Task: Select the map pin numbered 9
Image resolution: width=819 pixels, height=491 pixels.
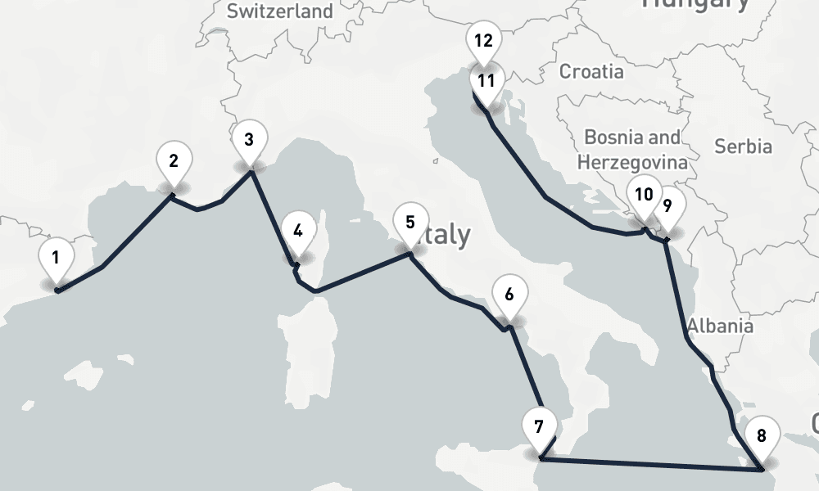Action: pos(667,206)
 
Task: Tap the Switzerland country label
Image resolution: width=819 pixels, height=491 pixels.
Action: pos(280,11)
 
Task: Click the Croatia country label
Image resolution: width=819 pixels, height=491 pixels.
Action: pos(590,71)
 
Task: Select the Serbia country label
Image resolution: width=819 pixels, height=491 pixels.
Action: pos(743,146)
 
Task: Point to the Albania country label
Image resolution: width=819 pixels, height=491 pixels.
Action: pos(720,326)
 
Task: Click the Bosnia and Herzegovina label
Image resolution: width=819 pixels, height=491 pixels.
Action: pos(631,150)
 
